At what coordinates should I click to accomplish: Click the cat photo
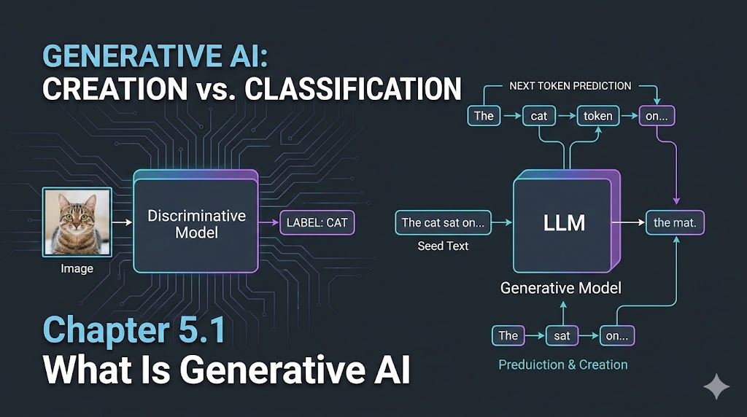click(x=77, y=221)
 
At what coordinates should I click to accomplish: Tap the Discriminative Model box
click(x=196, y=223)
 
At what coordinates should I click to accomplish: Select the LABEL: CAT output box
click(x=317, y=222)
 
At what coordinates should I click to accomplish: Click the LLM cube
click(x=564, y=222)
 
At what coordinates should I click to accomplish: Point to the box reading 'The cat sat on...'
click(x=443, y=222)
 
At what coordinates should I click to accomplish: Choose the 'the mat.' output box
click(x=675, y=222)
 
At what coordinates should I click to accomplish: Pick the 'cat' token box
click(x=539, y=116)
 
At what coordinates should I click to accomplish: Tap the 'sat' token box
click(x=562, y=335)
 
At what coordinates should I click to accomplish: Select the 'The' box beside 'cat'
click(x=484, y=116)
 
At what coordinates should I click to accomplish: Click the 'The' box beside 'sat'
click(x=508, y=335)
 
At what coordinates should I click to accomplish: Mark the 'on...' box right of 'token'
click(x=657, y=116)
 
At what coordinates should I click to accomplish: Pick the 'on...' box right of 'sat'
click(x=616, y=335)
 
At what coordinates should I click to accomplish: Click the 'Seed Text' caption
click(x=443, y=246)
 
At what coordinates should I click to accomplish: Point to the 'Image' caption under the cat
click(x=77, y=268)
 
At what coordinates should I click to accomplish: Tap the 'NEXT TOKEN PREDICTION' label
click(x=570, y=86)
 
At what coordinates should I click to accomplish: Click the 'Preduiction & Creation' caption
click(x=562, y=365)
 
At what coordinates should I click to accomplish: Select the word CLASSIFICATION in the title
click(x=352, y=89)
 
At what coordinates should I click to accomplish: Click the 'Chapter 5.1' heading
click(x=133, y=331)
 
